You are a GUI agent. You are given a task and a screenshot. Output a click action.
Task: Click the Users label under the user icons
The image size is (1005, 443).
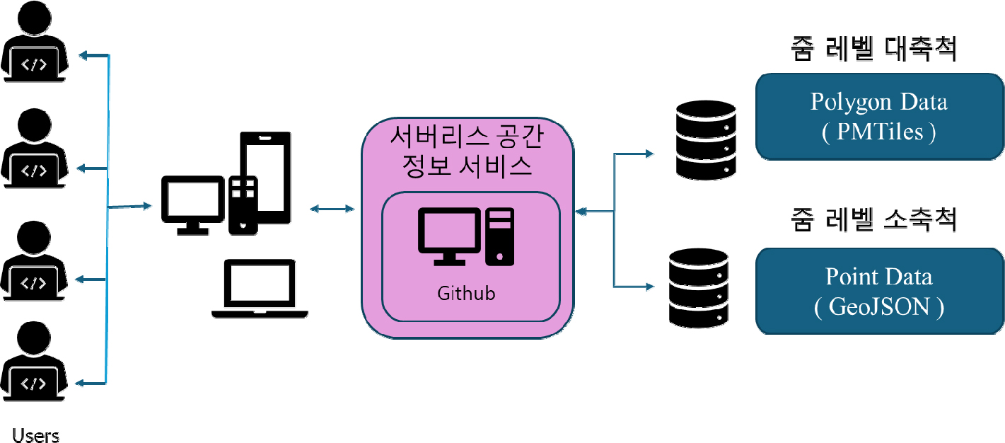pos(35,435)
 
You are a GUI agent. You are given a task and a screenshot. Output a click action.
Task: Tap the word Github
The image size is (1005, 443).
pos(466,293)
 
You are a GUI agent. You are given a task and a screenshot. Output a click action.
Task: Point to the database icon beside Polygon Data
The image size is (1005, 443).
pos(706,139)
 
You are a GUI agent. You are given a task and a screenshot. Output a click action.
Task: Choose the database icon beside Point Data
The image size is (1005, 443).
pos(699,287)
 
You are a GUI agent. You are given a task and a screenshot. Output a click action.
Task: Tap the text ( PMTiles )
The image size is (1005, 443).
pos(879,132)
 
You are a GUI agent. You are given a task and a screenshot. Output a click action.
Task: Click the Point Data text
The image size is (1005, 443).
pos(879,277)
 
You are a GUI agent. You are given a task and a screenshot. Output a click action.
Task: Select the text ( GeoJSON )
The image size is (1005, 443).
pos(879,307)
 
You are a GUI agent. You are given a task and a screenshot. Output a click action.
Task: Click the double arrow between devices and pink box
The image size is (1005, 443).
pos(332,208)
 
